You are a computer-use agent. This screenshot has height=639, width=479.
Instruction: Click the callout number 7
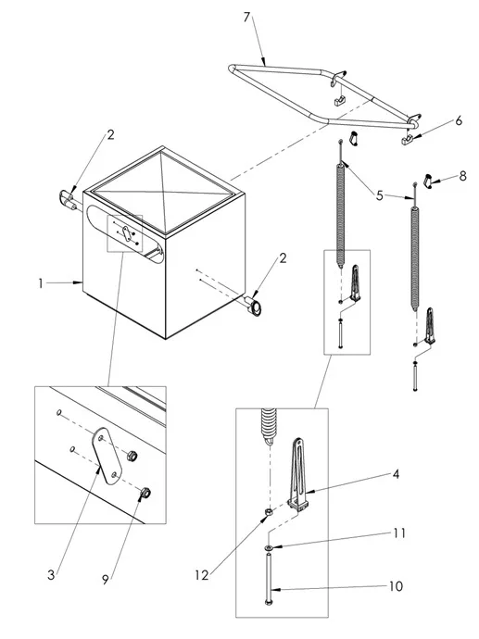point(246,17)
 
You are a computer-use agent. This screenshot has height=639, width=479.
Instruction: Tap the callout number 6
point(459,120)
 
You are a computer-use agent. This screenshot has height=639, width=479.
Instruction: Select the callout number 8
point(462,176)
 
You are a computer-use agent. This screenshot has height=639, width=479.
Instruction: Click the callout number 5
point(380,195)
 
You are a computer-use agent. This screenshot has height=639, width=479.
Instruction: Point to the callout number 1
point(41,283)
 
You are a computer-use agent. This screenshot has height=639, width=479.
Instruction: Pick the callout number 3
point(51,574)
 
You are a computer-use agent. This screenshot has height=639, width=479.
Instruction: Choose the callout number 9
point(106,580)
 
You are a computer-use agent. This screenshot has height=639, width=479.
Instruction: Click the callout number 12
point(201,575)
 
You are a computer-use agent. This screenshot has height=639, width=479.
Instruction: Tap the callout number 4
point(396,474)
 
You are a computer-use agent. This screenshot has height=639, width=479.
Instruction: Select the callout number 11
point(399,533)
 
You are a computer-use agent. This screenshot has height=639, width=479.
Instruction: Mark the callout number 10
point(396,586)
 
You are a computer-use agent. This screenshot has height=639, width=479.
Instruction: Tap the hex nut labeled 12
point(269,511)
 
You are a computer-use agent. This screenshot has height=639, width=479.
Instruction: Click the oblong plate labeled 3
point(107,456)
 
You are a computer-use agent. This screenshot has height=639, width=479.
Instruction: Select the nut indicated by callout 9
point(145,494)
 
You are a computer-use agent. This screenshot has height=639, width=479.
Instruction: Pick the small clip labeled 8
point(428,181)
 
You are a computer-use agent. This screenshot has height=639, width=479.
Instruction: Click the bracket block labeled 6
point(407,141)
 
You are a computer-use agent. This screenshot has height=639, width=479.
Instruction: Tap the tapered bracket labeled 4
point(299,473)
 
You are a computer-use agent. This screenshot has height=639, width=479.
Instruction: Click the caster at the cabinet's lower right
point(253,307)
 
